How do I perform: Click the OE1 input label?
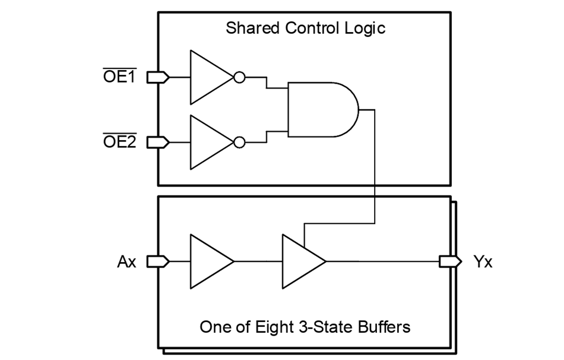click(x=120, y=76)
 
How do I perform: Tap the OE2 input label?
click(x=120, y=141)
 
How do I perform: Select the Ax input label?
click(x=126, y=262)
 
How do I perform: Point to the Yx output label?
click(x=483, y=262)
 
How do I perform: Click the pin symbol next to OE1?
click(x=158, y=77)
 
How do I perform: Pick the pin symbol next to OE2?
click(x=158, y=143)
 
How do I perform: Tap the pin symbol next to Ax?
click(x=158, y=262)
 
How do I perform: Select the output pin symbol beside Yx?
click(x=451, y=262)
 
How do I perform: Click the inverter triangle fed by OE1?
click(x=212, y=77)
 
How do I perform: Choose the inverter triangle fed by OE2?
click(x=212, y=143)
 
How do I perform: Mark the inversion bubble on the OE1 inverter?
click(x=240, y=77)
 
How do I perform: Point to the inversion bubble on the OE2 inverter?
click(x=240, y=143)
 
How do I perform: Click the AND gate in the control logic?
click(x=323, y=109)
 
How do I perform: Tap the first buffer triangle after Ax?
click(x=212, y=261)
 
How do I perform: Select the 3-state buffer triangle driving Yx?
click(x=304, y=261)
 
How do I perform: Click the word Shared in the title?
click(x=252, y=28)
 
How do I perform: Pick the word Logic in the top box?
click(x=365, y=29)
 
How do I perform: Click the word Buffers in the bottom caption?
click(x=384, y=327)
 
